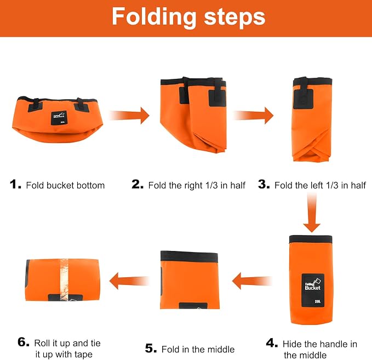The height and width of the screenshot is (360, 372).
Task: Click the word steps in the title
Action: tap(234, 17)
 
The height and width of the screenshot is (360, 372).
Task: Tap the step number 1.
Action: tap(15, 185)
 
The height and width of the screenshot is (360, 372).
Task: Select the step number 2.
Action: tap(138, 184)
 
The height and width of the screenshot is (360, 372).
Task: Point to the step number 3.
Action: tap(264, 184)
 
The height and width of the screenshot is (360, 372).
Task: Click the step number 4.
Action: tap(272, 343)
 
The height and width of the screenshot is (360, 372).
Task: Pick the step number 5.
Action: tap(151, 348)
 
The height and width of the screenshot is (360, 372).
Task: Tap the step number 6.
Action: tap(24, 342)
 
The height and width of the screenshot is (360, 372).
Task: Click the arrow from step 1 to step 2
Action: tap(129, 116)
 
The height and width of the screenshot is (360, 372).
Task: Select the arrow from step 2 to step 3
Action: tap(253, 116)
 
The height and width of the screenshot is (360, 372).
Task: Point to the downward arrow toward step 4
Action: tap(312, 213)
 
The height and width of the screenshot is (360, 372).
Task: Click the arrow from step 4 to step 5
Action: tap(252, 281)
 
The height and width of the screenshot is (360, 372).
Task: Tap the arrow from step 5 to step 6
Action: tap(129, 281)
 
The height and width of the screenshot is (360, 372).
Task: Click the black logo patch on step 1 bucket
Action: tap(59, 118)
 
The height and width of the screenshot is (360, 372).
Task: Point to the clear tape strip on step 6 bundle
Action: tap(64, 279)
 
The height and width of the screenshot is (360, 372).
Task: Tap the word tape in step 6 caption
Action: tap(83, 355)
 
